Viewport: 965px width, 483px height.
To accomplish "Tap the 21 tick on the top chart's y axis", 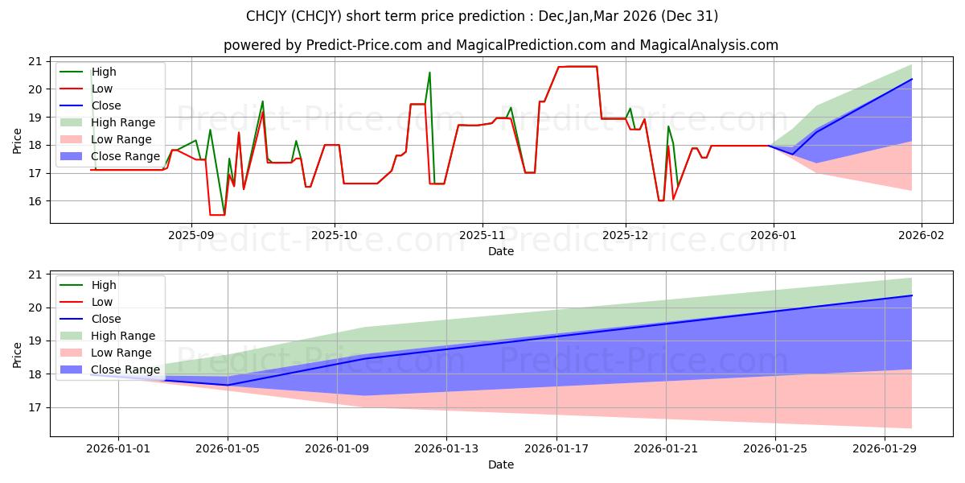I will (34, 61).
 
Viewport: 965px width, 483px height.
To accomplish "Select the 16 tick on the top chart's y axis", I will (34, 201).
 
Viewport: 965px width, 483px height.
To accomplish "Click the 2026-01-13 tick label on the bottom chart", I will (446, 448).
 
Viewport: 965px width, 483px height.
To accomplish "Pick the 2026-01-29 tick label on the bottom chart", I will (885, 448).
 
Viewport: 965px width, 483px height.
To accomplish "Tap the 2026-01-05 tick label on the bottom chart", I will (228, 448).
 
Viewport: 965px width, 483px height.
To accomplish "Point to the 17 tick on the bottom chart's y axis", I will (34, 407).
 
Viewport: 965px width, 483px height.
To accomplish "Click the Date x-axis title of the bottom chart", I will (500, 464).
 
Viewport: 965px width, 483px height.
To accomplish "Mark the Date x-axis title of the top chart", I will (500, 250).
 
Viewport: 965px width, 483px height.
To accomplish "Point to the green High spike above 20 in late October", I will (429, 73).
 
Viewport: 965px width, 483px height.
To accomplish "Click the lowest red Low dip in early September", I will (216, 215).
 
